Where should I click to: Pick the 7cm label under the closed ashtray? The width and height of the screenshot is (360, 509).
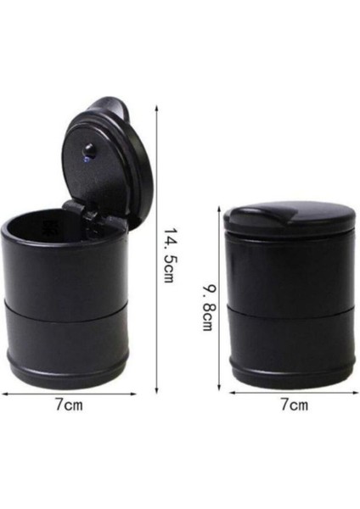[293, 406]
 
